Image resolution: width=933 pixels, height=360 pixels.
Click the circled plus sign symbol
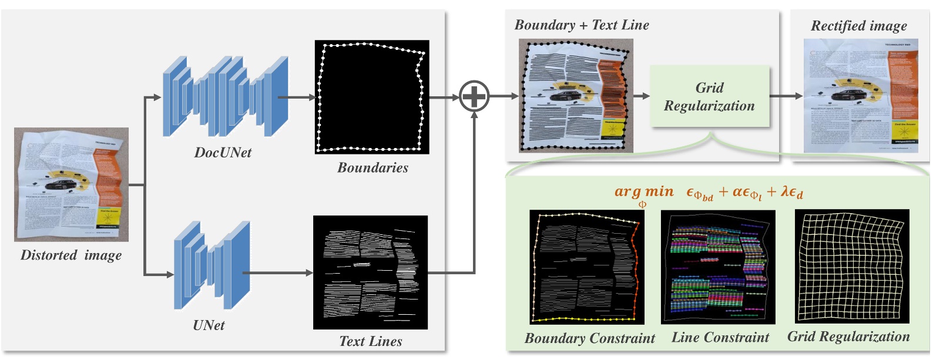[474, 96]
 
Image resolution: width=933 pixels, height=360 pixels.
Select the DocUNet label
[223, 153]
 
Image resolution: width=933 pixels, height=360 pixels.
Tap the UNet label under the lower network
[209, 325]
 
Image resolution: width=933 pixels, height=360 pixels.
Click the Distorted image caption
[71, 255]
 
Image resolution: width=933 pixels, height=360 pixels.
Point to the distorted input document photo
[71, 184]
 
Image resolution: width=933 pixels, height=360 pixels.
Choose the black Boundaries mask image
[371, 97]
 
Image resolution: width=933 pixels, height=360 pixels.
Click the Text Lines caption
[370, 341]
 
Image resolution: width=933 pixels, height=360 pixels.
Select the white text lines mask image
[370, 272]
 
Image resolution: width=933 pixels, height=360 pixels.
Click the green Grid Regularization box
[709, 97]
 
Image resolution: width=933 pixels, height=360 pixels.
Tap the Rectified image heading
[858, 26]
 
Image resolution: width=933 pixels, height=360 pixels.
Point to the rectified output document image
[860, 96]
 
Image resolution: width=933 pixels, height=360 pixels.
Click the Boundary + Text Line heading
[581, 25]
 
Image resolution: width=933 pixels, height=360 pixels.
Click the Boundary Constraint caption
[589, 338]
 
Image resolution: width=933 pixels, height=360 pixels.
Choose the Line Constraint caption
[720, 338]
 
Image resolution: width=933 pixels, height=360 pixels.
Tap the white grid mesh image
[851, 266]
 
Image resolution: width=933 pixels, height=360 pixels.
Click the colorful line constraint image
[718, 267]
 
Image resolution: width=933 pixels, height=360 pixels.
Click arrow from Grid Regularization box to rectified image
[786, 96]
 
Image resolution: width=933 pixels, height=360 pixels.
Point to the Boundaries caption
[372, 168]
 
